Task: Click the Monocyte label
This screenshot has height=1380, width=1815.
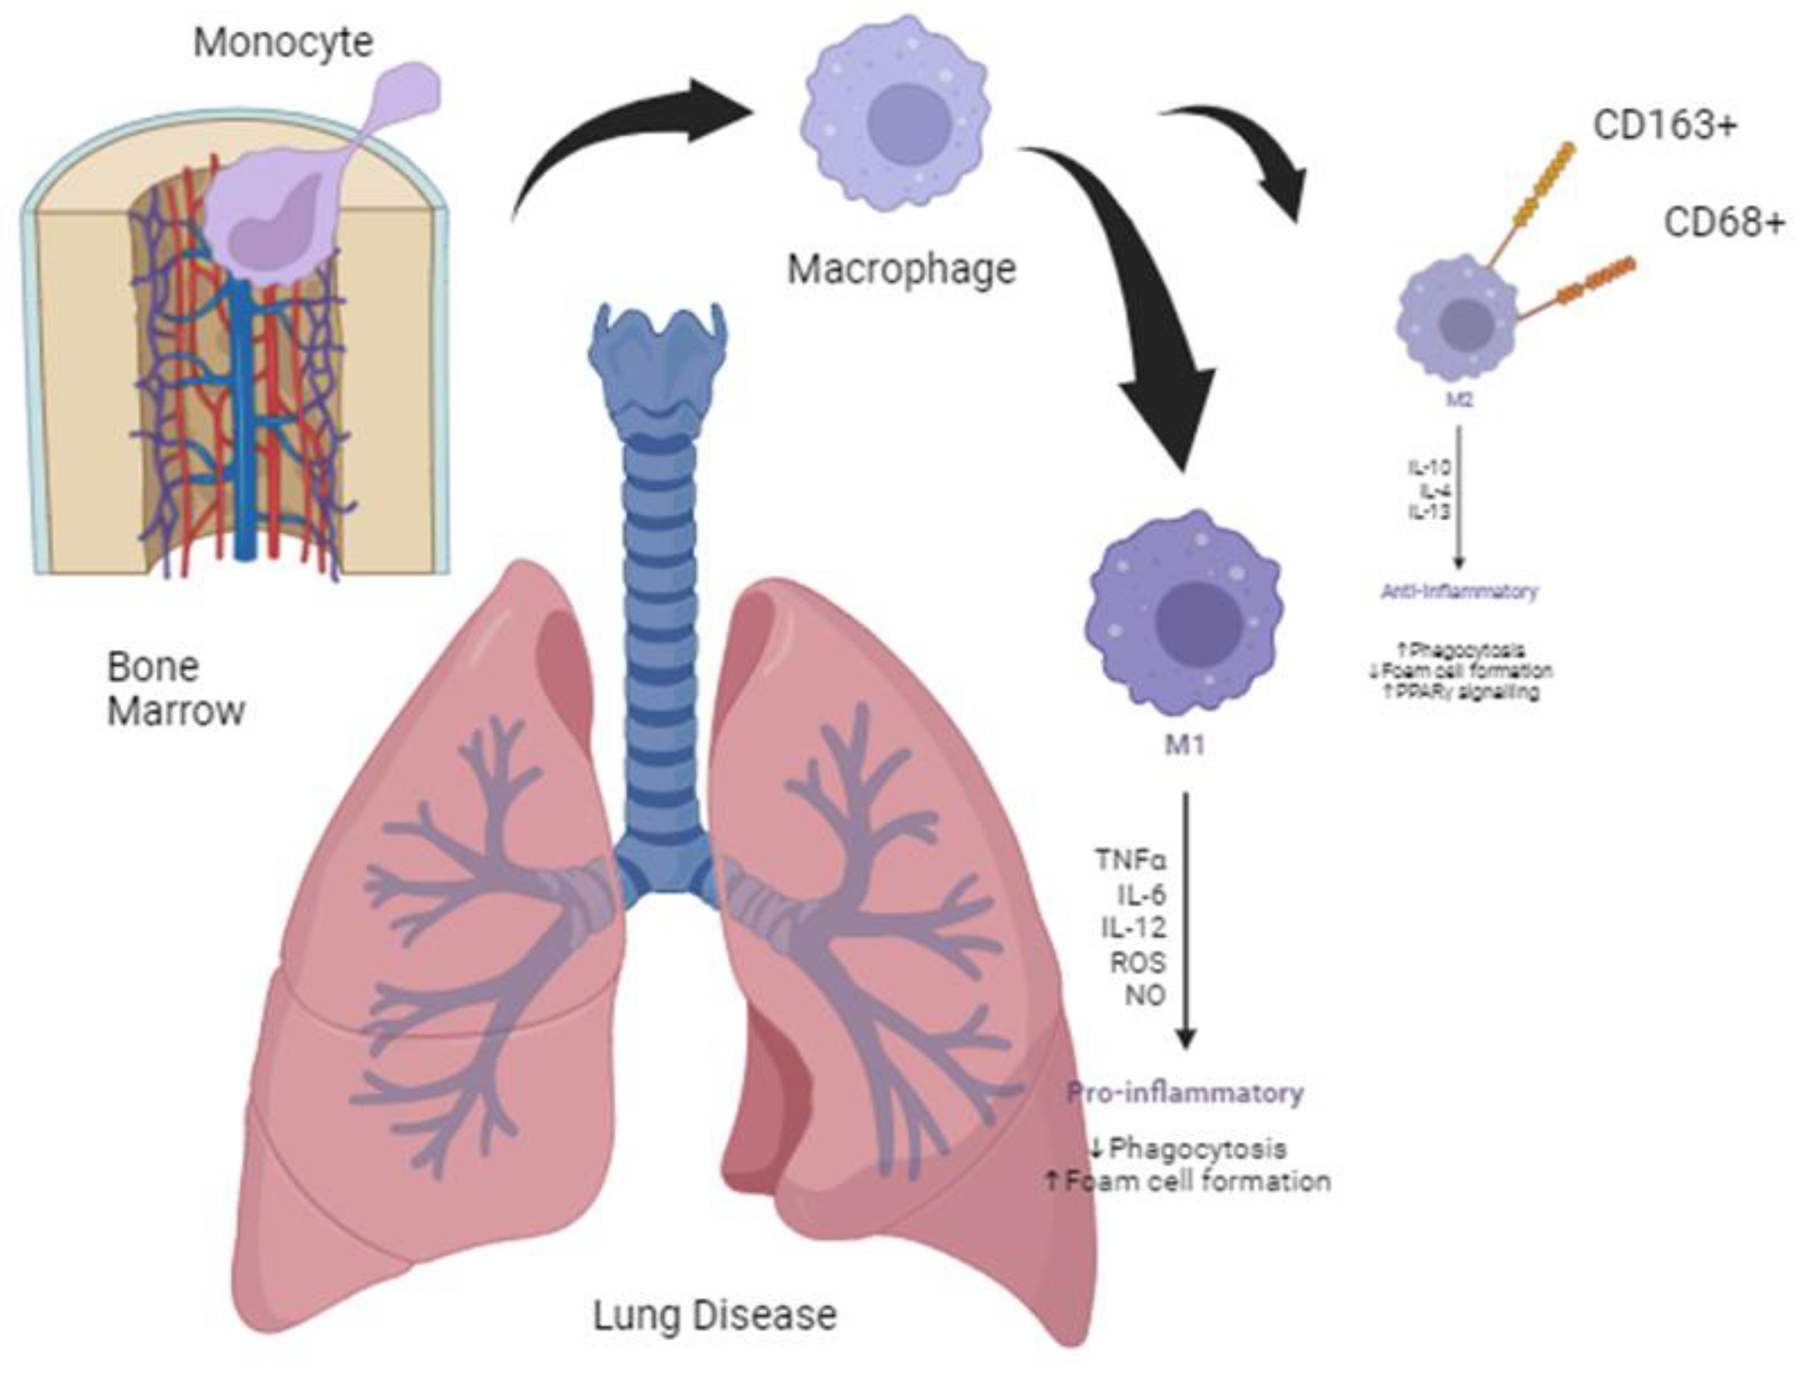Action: coord(283,43)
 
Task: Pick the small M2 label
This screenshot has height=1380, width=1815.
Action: coord(1460,400)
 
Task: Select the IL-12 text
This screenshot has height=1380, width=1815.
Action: coord(1133,928)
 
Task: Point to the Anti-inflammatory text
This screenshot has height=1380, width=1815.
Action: coord(1460,591)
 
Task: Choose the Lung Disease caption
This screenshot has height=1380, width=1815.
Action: coord(714,1314)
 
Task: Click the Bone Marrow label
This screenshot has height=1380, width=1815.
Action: coord(176,689)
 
